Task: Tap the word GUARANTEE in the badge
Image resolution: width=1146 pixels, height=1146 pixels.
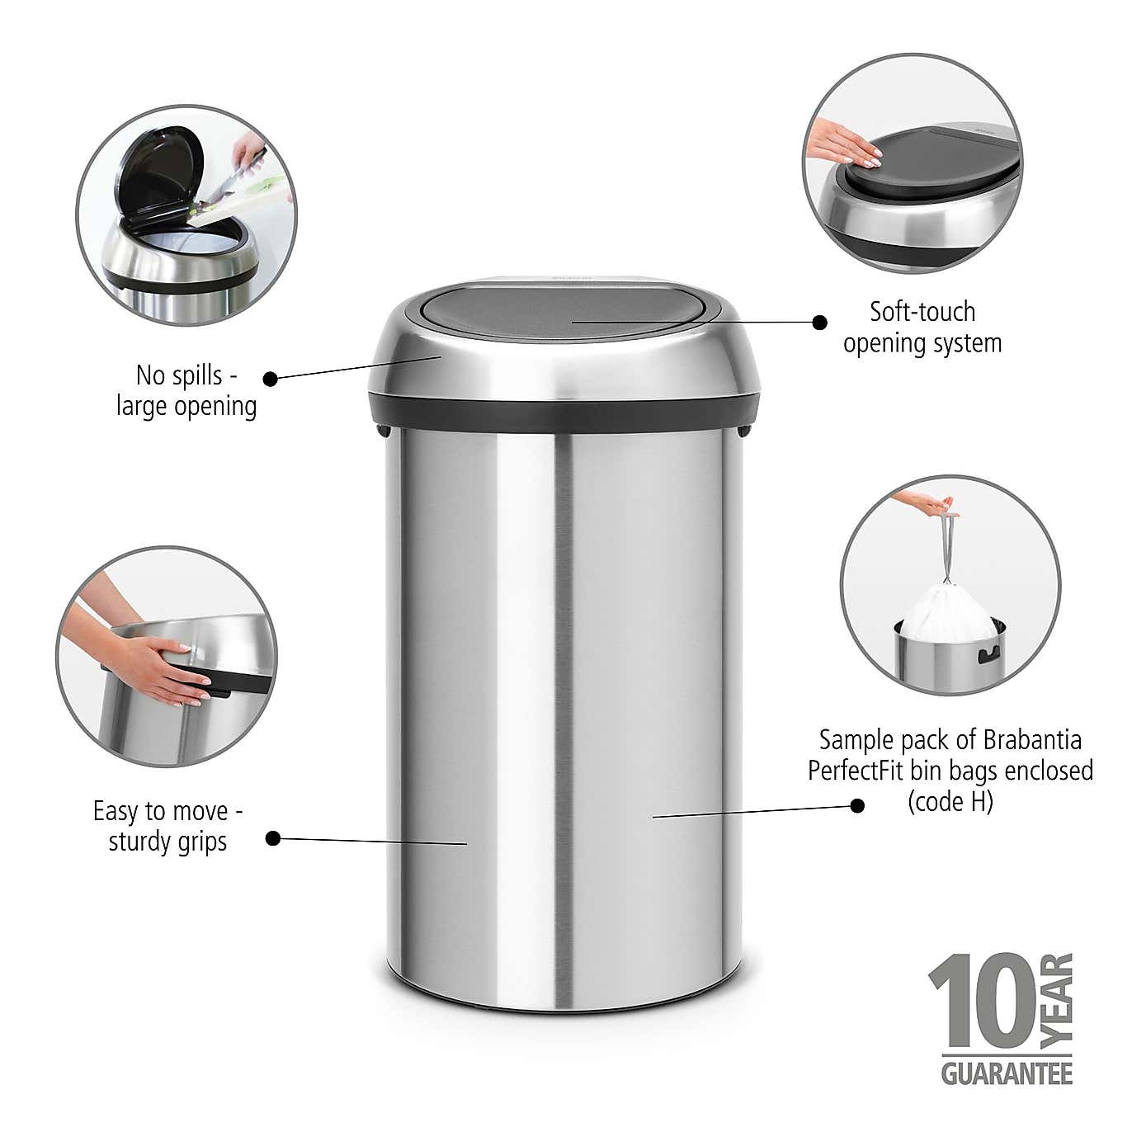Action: click(1007, 1073)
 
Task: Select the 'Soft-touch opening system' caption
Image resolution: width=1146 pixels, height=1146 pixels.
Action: click(922, 327)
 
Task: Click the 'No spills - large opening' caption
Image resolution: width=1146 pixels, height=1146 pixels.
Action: click(186, 390)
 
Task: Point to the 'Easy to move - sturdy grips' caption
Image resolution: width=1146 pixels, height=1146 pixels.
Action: click(167, 826)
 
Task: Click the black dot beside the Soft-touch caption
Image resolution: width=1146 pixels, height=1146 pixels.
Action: click(819, 322)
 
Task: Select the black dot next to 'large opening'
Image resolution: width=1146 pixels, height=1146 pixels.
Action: click(270, 379)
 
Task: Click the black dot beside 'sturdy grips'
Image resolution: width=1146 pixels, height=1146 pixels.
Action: click(273, 839)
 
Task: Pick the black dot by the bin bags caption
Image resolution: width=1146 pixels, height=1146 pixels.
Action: click(857, 804)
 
